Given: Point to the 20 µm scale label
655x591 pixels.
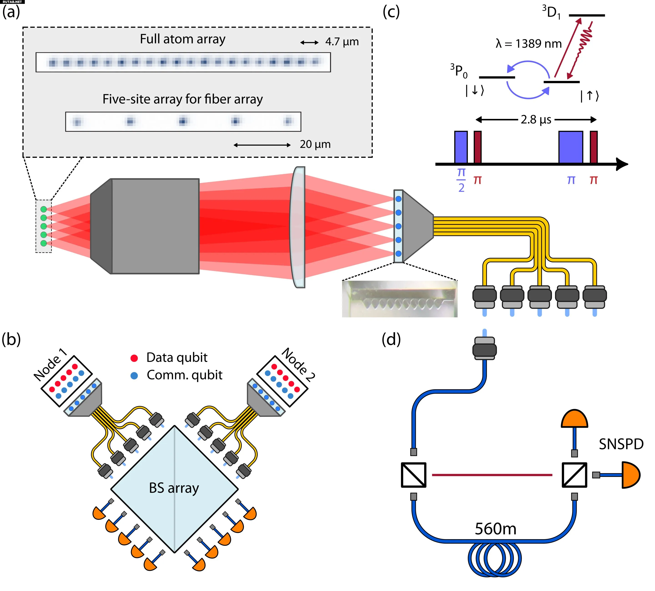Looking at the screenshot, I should (315, 144).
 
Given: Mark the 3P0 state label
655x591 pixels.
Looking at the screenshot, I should (458, 71).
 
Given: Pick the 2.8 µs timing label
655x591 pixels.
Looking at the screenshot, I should (536, 120).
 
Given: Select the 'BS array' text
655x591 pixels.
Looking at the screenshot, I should (174, 488).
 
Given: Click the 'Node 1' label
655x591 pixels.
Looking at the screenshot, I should (50, 364).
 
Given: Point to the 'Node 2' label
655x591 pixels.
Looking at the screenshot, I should (298, 364).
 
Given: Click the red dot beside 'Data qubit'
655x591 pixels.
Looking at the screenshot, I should (134, 358).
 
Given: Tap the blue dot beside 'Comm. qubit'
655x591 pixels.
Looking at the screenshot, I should (134, 376).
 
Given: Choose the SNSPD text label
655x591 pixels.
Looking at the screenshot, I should (621, 444).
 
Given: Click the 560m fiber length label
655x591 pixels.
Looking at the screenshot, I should (495, 529).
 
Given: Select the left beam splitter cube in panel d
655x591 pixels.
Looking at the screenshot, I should (413, 475).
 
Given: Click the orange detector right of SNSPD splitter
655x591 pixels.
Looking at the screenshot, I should (630, 475).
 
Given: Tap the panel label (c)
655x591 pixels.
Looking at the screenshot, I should (391, 12).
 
